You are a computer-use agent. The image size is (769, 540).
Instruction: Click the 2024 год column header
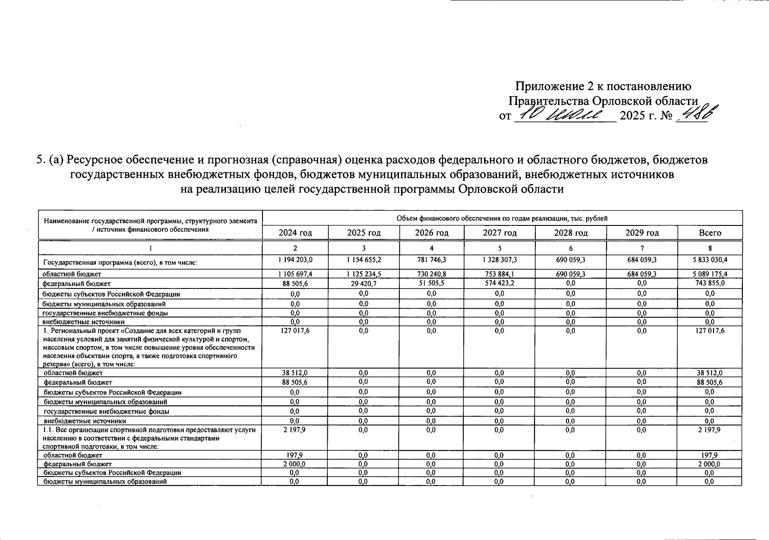[295, 233]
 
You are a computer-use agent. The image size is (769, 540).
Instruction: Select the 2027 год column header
[499, 233]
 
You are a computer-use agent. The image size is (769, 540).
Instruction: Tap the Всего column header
[710, 233]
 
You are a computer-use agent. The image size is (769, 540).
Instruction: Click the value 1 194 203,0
[295, 260]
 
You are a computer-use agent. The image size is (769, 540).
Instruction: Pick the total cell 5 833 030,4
[710, 260]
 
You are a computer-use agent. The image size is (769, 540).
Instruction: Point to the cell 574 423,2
[499, 283]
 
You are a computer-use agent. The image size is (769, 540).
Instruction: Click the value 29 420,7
[363, 283]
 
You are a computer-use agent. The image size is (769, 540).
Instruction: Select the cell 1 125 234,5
[363, 274]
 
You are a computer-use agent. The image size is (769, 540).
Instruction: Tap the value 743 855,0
[710, 283]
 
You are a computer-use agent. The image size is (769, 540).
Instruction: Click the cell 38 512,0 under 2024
[295, 373]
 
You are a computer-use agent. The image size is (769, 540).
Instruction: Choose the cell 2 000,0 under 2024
[295, 463]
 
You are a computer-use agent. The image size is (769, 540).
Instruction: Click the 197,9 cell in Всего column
[710, 455]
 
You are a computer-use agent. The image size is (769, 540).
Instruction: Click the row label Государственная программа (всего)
[120, 262]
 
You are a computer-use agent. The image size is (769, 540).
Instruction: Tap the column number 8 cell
[710, 248]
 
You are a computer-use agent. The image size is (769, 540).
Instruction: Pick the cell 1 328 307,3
[499, 260]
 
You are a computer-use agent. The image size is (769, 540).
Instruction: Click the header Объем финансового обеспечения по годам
[502, 218]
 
